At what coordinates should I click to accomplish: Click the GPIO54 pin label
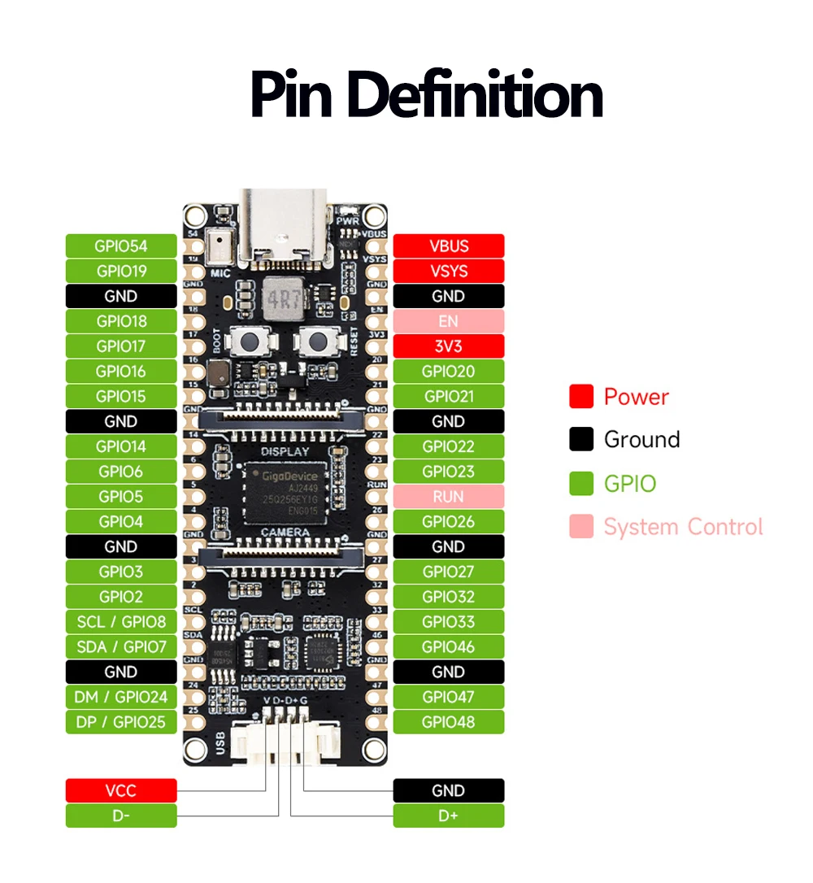pos(121,246)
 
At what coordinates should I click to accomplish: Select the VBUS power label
pos(449,246)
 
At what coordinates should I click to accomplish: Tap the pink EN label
pos(449,321)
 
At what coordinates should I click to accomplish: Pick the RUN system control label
pos(449,496)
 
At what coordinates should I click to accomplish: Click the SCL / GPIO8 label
pos(121,622)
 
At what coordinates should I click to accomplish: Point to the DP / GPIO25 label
pos(121,721)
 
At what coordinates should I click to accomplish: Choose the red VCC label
pos(121,790)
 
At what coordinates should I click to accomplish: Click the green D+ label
pos(449,816)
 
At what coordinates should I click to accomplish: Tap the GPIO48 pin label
pos(449,721)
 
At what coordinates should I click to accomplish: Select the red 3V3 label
pos(449,346)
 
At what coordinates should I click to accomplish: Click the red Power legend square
pos(581,397)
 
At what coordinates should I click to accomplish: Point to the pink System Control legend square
pos(581,527)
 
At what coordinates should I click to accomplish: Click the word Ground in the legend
pos(641,440)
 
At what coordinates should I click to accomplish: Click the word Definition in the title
pos(475,95)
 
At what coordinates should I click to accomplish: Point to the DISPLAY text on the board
pos(285,451)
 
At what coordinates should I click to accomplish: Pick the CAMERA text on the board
pos(285,532)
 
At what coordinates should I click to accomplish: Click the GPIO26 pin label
pos(449,521)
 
